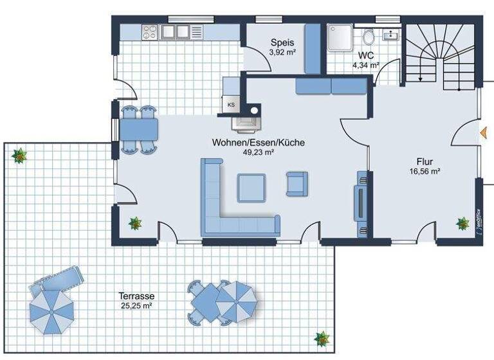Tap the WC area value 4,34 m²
[365, 65]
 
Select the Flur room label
[425, 161]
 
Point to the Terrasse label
[136, 296]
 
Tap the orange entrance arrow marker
[482, 132]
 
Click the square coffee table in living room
[252, 188]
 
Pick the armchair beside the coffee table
[297, 184]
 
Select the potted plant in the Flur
[462, 223]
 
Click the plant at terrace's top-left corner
[19, 155]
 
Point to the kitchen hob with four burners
[149, 30]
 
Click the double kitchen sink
[175, 30]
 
